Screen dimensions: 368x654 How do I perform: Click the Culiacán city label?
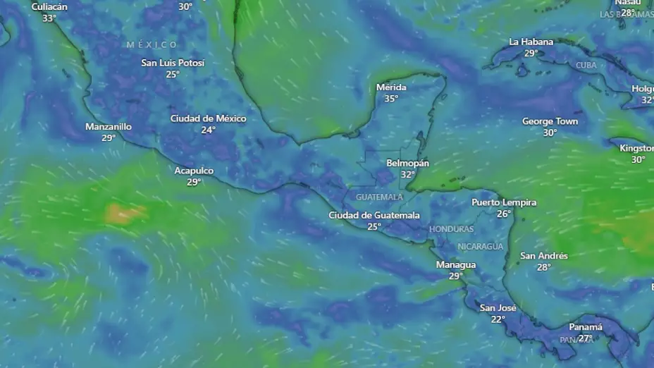click(x=49, y=7)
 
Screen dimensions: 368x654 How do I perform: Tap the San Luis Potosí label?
click(x=173, y=63)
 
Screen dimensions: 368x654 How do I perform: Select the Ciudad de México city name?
click(x=208, y=118)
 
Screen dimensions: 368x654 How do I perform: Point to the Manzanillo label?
click(x=109, y=127)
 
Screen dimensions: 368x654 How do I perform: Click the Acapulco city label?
click(x=194, y=171)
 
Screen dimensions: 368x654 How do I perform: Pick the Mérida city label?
click(x=391, y=87)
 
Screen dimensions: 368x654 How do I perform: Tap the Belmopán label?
click(x=408, y=163)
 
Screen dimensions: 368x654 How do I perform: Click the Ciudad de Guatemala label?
click(x=374, y=215)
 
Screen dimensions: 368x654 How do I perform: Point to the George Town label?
click(x=550, y=121)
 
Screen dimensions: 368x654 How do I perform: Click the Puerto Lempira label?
click(x=504, y=202)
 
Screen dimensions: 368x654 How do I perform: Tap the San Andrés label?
click(x=543, y=256)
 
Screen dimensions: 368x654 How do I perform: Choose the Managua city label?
click(x=456, y=265)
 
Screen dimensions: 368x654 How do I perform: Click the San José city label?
click(x=498, y=308)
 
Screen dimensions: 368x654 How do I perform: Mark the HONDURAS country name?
click(x=452, y=229)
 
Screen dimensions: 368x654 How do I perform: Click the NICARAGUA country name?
click(x=480, y=246)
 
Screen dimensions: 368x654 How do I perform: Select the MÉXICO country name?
click(x=152, y=45)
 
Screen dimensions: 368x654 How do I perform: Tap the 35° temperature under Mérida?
click(x=391, y=99)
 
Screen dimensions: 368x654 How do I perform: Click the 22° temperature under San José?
click(x=498, y=319)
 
